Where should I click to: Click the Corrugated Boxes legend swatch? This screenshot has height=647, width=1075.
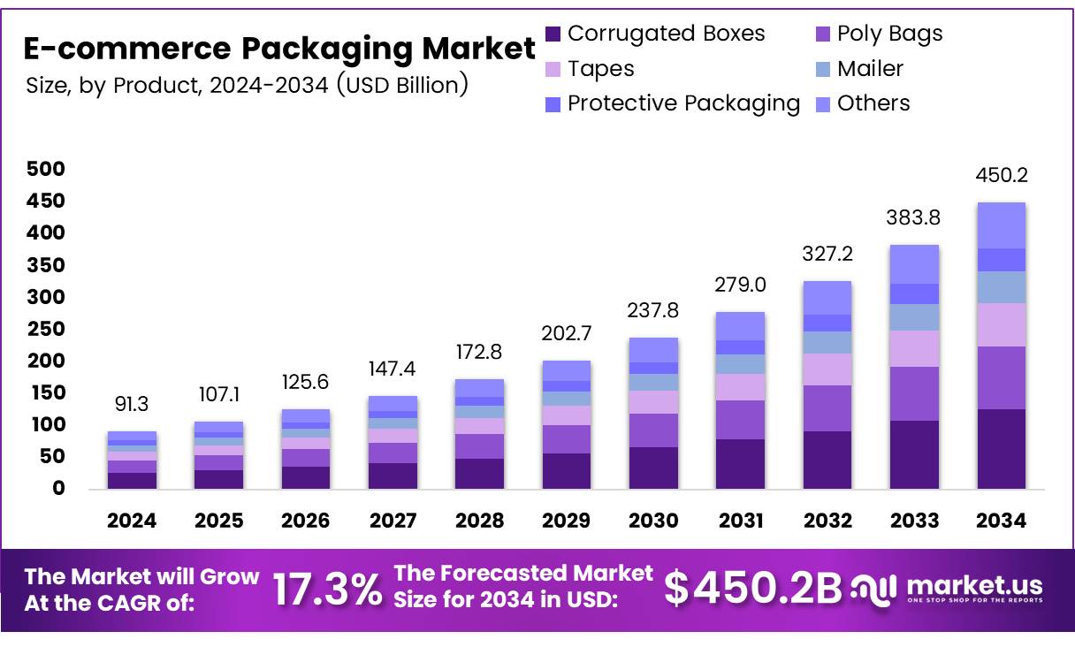554,34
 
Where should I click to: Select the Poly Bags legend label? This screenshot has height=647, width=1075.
889,34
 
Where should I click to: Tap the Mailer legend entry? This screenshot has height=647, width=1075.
870,69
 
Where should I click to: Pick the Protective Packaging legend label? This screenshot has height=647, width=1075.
683,103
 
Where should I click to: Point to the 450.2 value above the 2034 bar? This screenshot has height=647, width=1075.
1002,176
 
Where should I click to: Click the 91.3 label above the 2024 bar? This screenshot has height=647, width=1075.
132,404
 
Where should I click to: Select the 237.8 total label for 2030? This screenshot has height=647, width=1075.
653,311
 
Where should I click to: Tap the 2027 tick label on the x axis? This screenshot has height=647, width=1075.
393,521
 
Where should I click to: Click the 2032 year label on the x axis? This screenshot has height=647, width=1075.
827,521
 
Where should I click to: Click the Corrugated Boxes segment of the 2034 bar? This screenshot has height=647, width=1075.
1002,449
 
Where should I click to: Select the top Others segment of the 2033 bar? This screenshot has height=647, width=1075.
914,264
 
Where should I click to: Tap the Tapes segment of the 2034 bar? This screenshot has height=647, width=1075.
1002,324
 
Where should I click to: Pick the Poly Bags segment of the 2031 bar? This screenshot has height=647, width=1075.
740,420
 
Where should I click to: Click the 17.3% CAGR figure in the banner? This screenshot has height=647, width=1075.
327,590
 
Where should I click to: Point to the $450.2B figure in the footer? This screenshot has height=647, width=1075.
753,590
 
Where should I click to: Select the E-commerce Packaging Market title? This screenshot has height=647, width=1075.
279,49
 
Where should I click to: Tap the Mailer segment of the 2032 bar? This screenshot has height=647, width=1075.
827,343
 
